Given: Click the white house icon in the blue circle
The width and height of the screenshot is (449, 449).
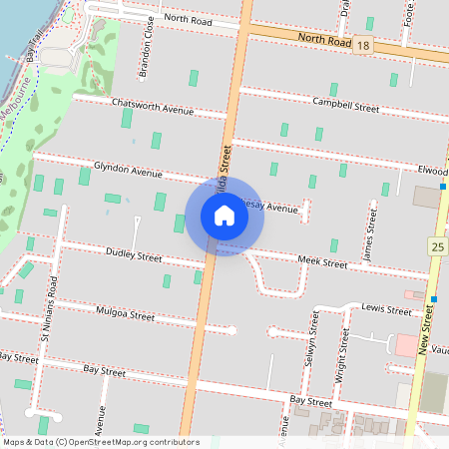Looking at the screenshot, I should [224, 216].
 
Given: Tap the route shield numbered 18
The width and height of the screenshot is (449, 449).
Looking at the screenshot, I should [363, 46].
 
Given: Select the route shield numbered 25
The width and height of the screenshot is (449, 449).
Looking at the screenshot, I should [438, 245].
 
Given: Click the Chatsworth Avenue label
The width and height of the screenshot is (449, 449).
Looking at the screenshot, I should [153, 104].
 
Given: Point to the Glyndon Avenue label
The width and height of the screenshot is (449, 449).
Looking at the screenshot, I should [128, 170].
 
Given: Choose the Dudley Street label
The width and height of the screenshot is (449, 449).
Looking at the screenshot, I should [133, 256].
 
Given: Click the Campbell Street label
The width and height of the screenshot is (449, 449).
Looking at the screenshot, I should [346, 105].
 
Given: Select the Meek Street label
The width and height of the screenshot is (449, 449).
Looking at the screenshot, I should [322, 262].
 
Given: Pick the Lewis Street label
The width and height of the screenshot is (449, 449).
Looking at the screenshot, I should [387, 310].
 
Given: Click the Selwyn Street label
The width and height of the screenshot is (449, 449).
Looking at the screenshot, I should [312, 350].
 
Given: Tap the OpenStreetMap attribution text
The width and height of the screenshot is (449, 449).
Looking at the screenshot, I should [100, 442].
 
